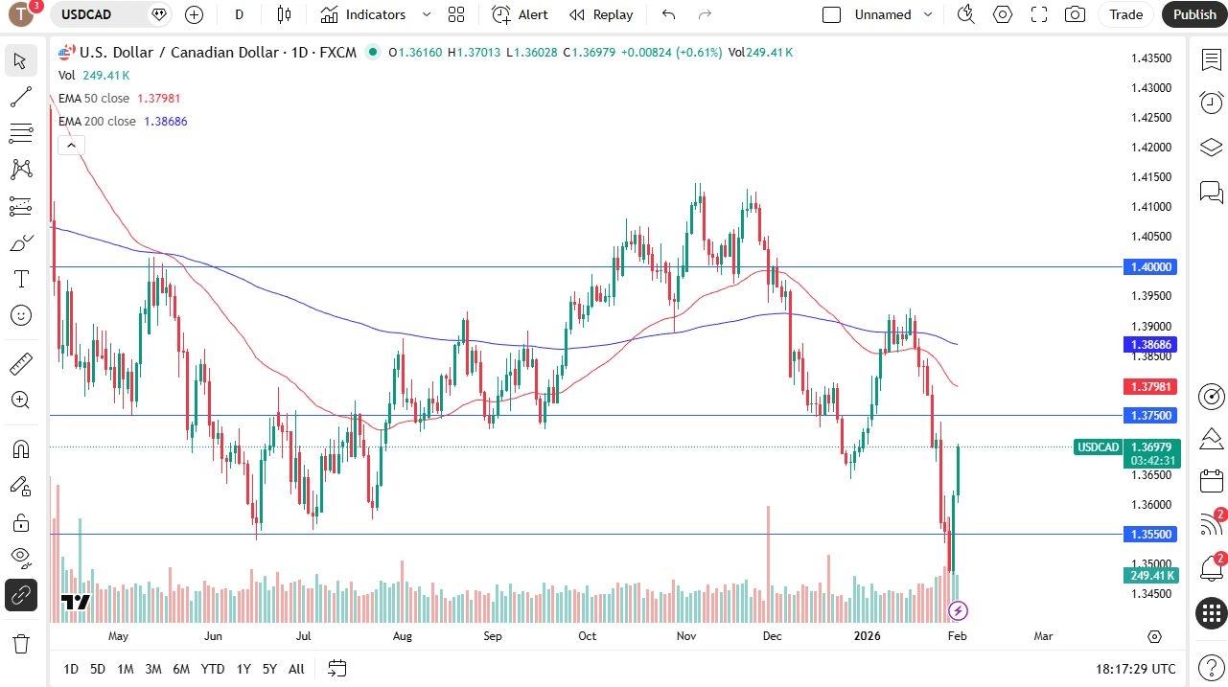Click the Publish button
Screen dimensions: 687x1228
click(x=1193, y=14)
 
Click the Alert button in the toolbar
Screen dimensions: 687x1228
click(x=520, y=14)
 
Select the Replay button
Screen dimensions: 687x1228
click(x=601, y=14)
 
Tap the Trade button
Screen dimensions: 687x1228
click(x=1125, y=14)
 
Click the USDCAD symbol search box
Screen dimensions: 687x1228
click(x=100, y=14)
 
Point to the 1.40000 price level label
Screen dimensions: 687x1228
click(x=1151, y=266)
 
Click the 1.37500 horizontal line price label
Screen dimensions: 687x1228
click(x=1151, y=415)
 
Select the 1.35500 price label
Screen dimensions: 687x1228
click(x=1151, y=534)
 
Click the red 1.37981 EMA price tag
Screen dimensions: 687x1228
click(x=1151, y=387)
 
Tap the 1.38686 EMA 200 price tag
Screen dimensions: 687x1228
click(x=1151, y=344)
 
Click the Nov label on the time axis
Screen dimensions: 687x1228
click(x=686, y=636)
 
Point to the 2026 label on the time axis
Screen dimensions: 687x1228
click(x=867, y=636)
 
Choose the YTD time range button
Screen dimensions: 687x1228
click(x=213, y=669)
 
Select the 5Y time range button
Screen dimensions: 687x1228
click(x=269, y=669)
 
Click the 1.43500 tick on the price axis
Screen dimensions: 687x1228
click(x=1151, y=58)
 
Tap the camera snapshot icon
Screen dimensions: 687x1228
click(x=1076, y=14)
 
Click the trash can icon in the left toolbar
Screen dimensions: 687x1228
click(x=20, y=643)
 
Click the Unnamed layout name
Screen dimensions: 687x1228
click(x=883, y=14)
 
